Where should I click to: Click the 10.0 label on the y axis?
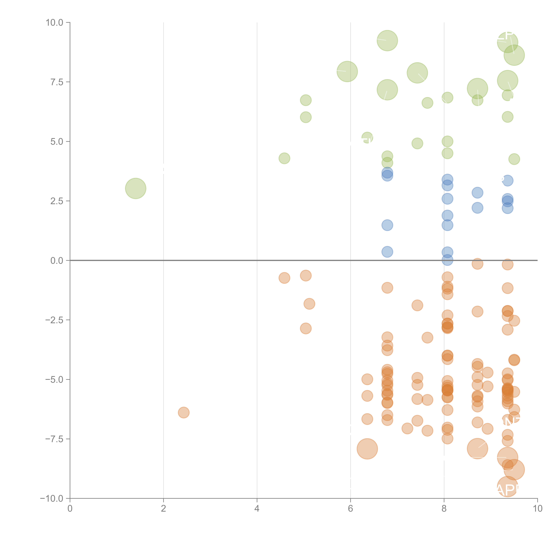pos(55,23)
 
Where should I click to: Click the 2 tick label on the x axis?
pos(164,509)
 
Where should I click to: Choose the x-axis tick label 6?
pos(350,509)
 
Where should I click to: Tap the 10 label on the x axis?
pos(537,509)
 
